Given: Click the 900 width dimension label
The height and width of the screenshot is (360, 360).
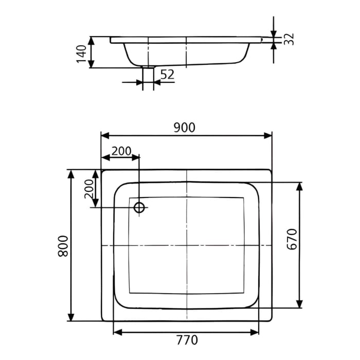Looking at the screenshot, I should pyautogui.click(x=184, y=128).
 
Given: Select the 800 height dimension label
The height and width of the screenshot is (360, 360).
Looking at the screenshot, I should pyautogui.click(x=62, y=246).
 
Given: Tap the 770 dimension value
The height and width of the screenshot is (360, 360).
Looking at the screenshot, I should pyautogui.click(x=186, y=340).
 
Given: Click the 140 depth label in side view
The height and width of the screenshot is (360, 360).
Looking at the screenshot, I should pyautogui.click(x=81, y=52).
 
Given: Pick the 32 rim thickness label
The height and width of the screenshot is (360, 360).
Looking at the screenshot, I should pyautogui.click(x=289, y=39).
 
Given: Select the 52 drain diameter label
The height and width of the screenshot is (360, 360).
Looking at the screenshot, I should pyautogui.click(x=167, y=75).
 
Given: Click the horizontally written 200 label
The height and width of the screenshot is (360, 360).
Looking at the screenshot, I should pyautogui.click(x=121, y=151).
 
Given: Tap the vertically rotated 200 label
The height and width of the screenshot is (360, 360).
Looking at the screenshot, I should pyautogui.click(x=88, y=189).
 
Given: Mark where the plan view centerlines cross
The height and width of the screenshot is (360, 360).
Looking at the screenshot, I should pyautogui.click(x=186, y=246).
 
